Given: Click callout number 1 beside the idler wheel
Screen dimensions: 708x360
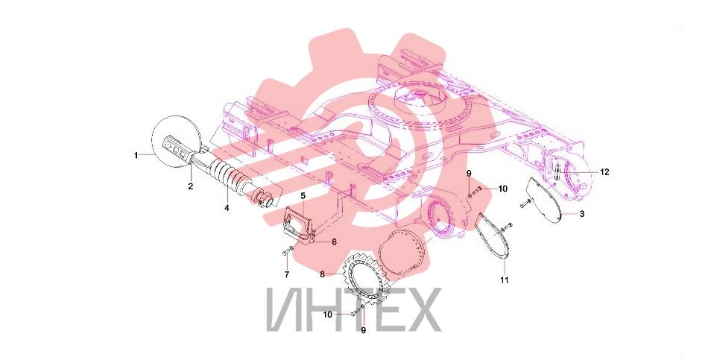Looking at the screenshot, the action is (136, 155).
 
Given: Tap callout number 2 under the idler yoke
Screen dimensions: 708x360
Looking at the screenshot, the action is (191, 186).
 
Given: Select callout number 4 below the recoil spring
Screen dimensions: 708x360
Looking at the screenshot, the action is (227, 208).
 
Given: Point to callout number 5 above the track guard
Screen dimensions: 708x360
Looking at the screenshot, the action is (303, 195).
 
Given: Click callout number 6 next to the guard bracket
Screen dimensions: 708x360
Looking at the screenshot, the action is (334, 242).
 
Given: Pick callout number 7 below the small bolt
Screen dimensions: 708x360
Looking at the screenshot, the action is (287, 274).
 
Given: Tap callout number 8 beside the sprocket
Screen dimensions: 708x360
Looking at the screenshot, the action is (323, 274).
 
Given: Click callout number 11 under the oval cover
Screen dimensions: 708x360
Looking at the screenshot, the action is (505, 280).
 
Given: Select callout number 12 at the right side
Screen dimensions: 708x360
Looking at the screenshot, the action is (604, 172).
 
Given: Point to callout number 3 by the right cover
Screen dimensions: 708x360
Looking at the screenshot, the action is (582, 214).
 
